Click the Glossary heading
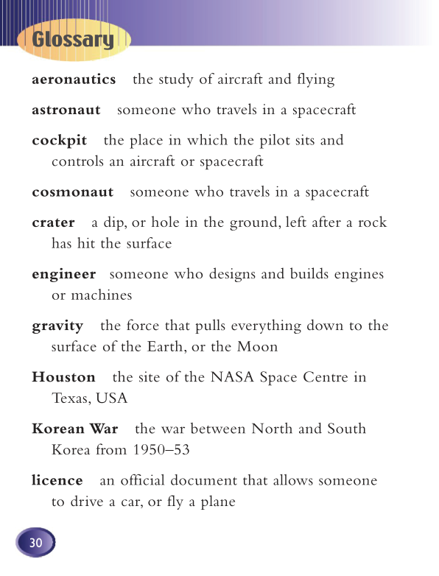(x=73, y=40)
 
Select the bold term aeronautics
(x=74, y=79)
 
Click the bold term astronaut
(x=66, y=110)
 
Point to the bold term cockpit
(x=60, y=140)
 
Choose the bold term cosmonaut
(x=73, y=192)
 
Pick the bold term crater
(x=54, y=222)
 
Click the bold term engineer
(x=64, y=274)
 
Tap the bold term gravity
(x=57, y=326)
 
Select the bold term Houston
(x=64, y=377)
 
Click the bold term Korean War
(x=75, y=429)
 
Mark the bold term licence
(x=57, y=480)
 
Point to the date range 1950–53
(x=161, y=449)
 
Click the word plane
(x=217, y=502)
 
